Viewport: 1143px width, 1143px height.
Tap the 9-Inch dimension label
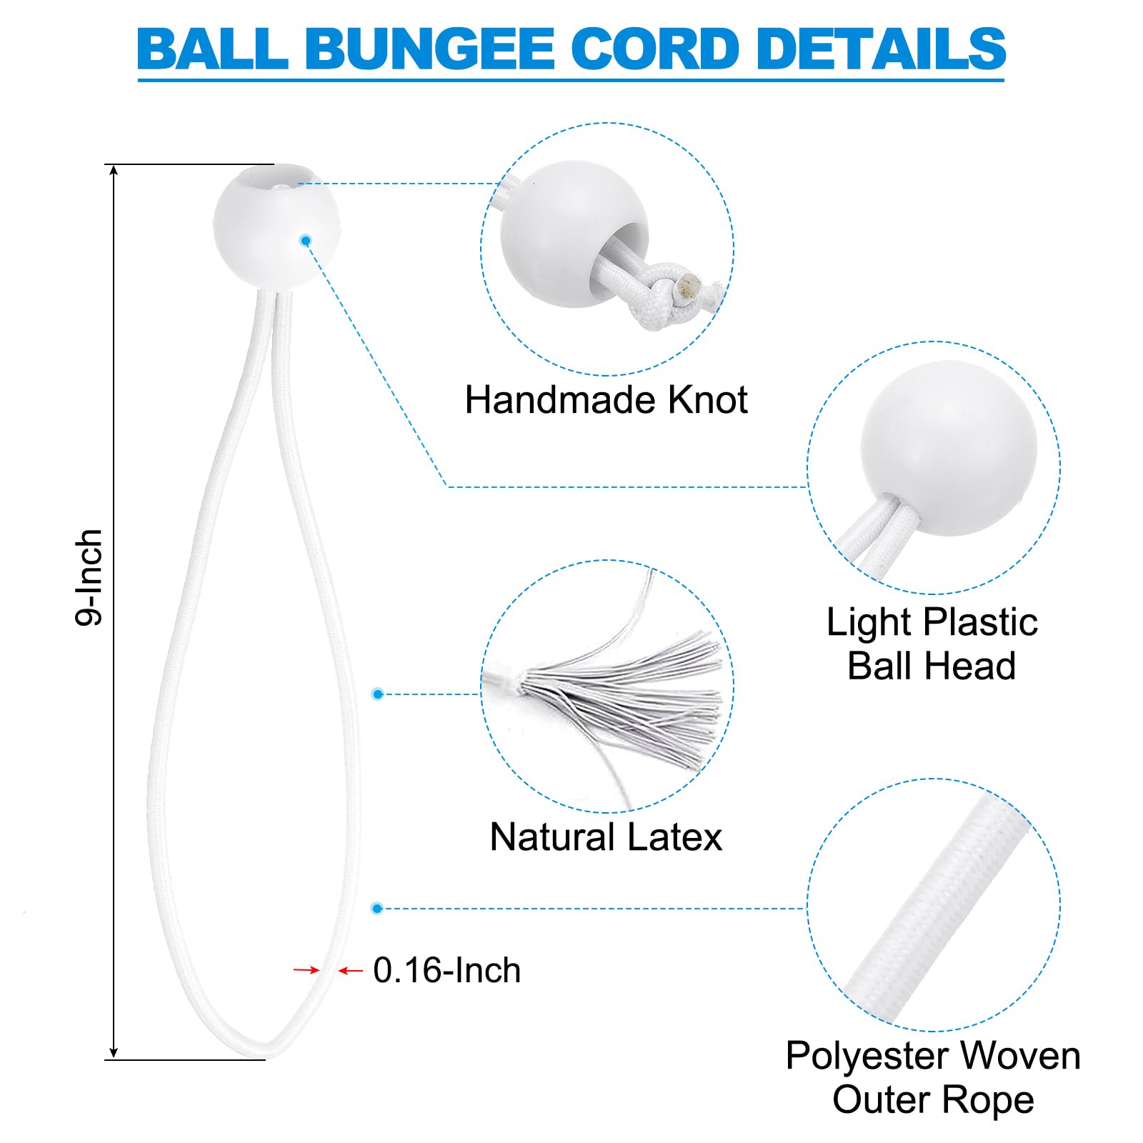90,577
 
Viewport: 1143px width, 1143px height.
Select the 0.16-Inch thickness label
447,970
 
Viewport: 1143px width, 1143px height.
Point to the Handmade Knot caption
606,399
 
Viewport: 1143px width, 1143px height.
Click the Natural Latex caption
606,837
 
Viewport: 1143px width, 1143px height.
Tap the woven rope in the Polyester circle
936,907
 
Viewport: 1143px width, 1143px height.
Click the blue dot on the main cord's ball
306,241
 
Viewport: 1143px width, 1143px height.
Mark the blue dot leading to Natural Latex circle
378,694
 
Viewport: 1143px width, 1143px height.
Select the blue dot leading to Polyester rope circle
377,909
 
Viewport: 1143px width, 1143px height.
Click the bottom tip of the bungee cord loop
267,1052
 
